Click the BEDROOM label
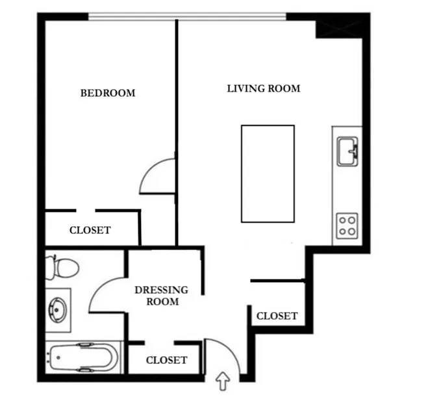point(108,93)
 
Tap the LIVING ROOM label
point(264,88)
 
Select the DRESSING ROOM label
point(161,296)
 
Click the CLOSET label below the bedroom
point(90,230)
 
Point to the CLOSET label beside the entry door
point(166,360)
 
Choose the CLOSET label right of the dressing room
point(277,317)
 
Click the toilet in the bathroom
point(64,266)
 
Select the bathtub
point(82,357)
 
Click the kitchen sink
point(347,152)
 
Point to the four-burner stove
point(347,225)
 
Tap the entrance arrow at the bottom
point(223,380)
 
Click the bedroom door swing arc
point(156,174)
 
